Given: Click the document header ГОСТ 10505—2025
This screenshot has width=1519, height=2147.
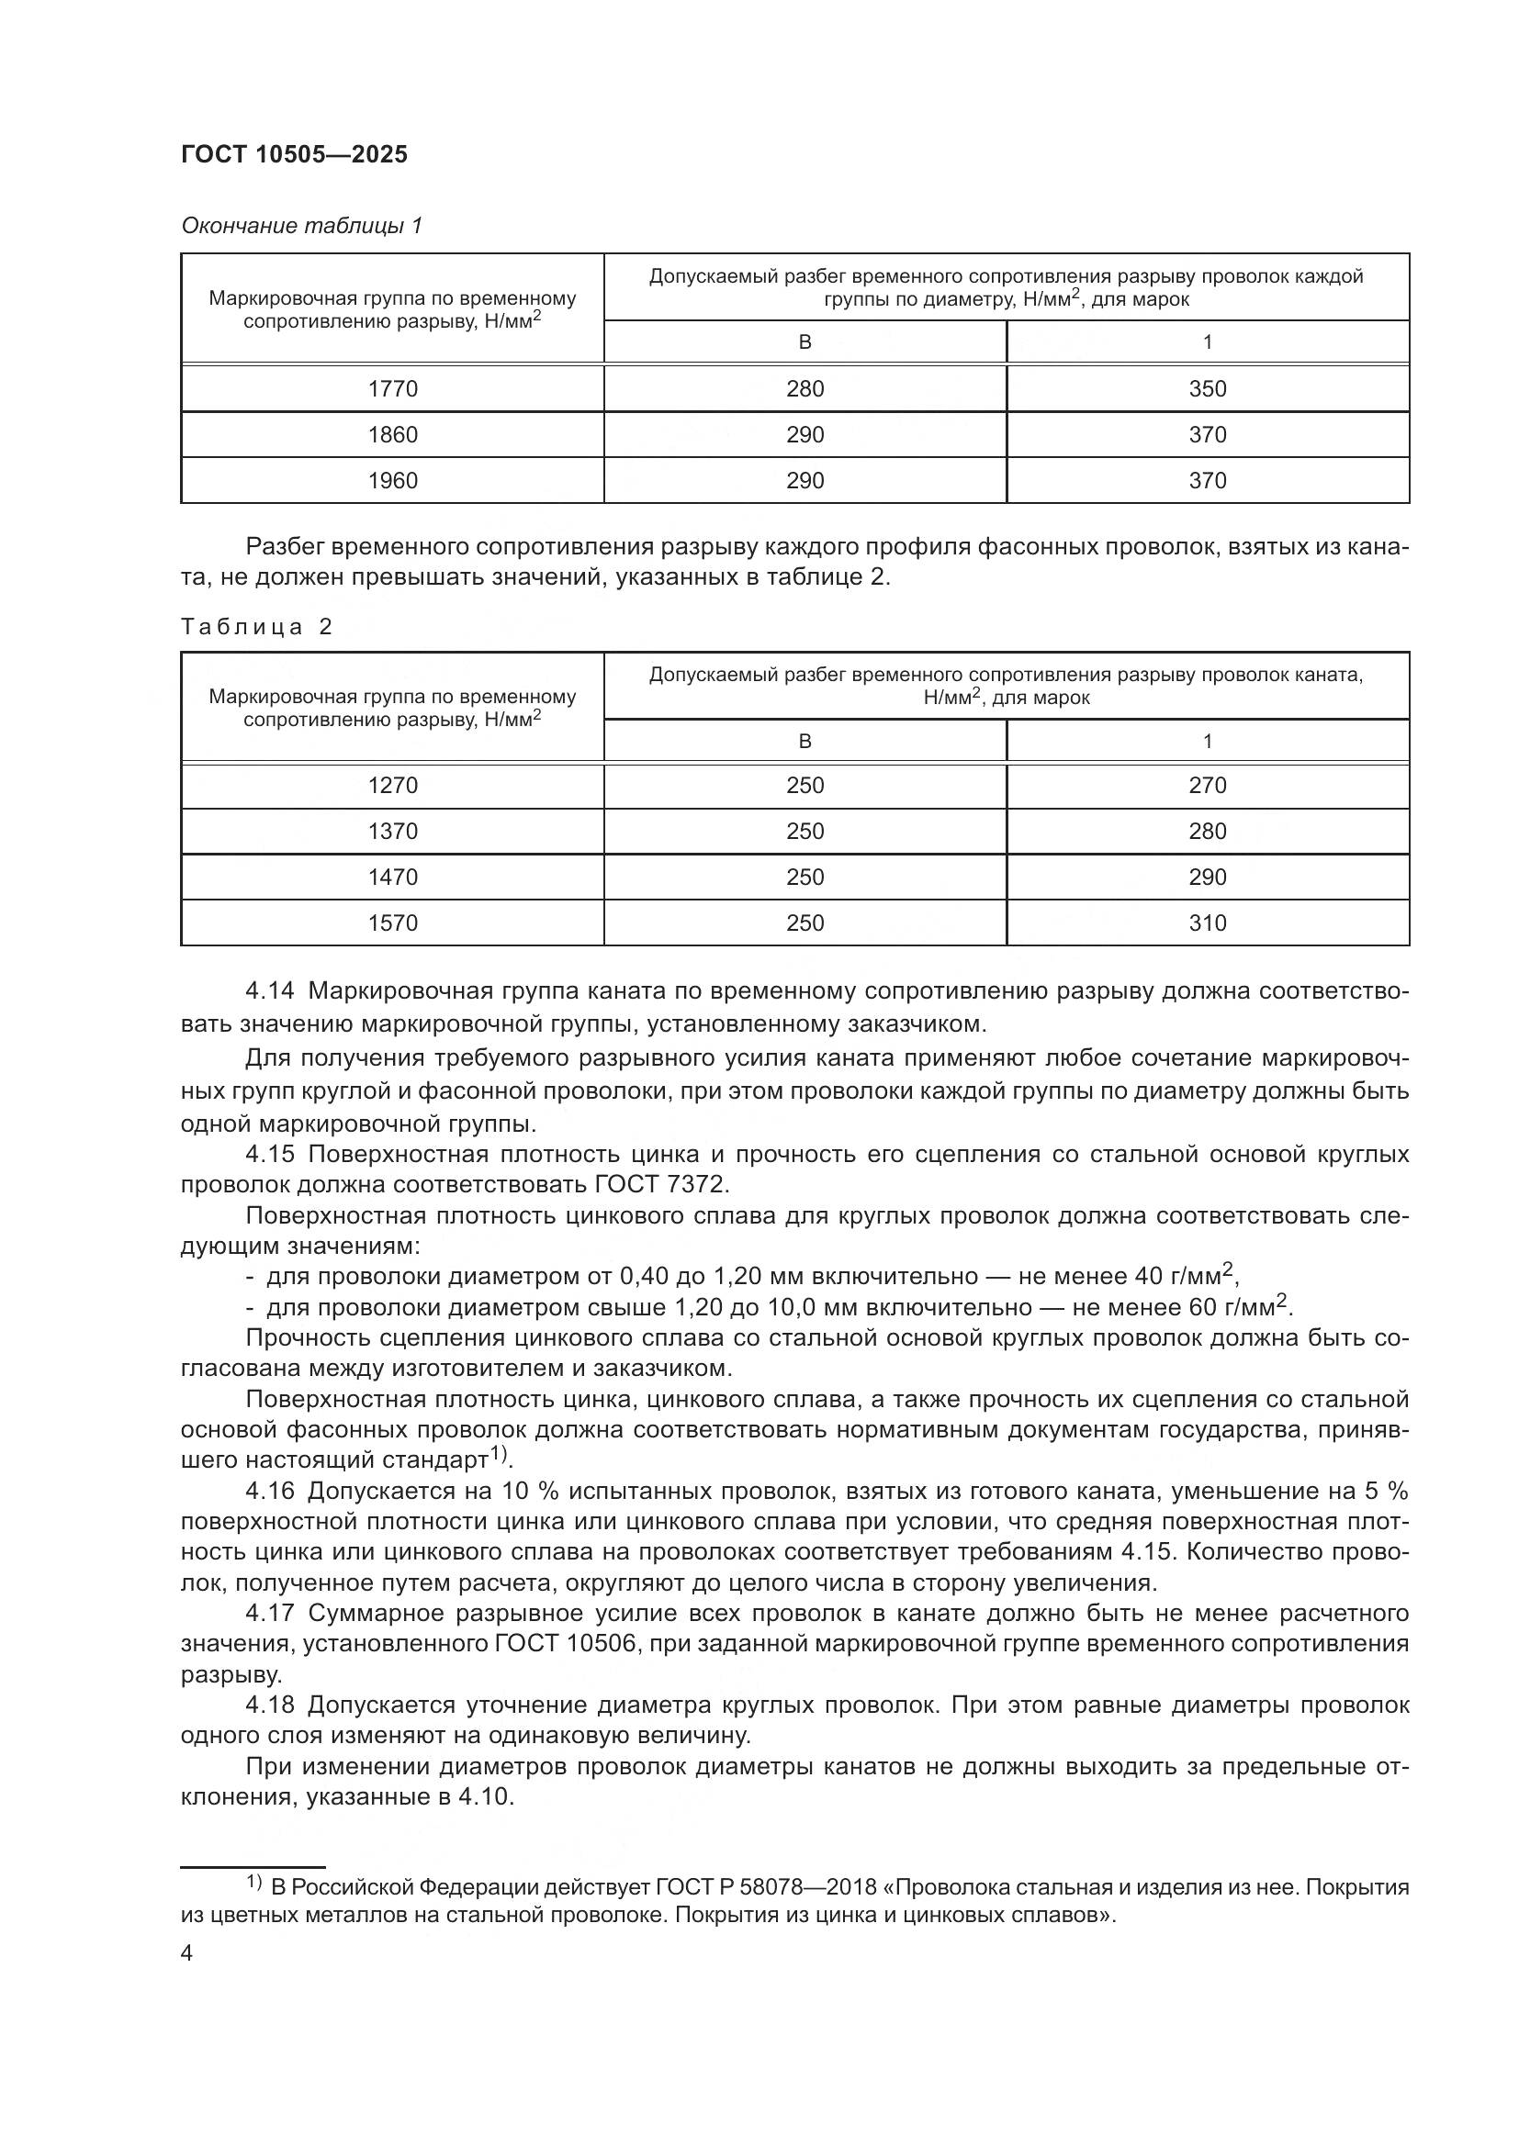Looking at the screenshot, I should click(295, 155).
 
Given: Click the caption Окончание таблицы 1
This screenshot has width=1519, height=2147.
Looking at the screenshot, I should click(301, 226).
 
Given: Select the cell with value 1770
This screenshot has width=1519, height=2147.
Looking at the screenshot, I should click(393, 389).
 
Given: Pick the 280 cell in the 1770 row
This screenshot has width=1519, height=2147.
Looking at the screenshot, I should click(805, 389).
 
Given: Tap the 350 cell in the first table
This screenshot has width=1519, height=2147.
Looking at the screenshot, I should click(1207, 389).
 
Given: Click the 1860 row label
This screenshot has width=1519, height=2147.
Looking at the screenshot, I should click(393, 435).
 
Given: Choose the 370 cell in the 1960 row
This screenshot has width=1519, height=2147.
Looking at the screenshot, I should click(1207, 481).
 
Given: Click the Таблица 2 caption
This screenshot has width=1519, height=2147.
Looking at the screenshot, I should click(256, 627).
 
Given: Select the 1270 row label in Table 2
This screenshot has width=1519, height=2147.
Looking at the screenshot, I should click(393, 786).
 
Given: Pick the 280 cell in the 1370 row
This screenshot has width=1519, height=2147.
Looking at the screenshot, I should click(1207, 832).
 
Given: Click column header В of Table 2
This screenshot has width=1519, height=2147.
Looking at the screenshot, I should click(805, 742).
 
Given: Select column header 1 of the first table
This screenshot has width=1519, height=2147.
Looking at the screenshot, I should click(1207, 342).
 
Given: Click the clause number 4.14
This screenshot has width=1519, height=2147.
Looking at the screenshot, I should click(269, 991).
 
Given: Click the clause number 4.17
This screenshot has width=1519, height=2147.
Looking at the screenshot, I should click(269, 1613).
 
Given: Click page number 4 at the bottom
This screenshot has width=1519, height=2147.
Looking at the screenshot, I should click(186, 1953).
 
